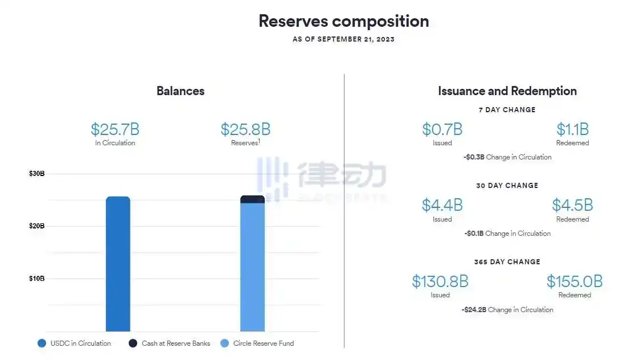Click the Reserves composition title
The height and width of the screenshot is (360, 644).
pos(344,21)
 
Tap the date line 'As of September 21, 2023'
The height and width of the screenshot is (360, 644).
pos(343,39)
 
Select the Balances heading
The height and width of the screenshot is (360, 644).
pos(181,91)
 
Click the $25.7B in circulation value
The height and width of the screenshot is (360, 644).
pos(115,129)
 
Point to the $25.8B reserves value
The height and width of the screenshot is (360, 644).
pos(245,129)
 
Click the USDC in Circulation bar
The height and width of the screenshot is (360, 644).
pos(118,264)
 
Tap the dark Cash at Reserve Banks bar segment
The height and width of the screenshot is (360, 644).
pos(253,199)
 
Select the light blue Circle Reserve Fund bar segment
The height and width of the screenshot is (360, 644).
pos(253,267)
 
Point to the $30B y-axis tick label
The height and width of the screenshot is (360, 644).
pos(36,173)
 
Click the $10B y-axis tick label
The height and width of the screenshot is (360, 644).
pos(36,279)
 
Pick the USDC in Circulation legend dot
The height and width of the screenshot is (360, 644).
pos(42,343)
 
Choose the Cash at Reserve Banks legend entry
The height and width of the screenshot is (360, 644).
pos(169,343)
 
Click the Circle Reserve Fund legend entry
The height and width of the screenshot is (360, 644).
pos(257,343)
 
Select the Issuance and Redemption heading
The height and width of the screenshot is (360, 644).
pos(507,91)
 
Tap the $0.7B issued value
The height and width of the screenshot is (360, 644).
pos(442,129)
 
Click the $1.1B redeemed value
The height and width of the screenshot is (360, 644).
pos(572,129)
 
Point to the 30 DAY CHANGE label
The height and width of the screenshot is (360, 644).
pos(507,185)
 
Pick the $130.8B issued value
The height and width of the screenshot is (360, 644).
pos(440,281)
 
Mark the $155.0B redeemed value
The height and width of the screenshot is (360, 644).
pos(575,281)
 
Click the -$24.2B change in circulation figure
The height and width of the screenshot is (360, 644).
pos(474,309)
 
